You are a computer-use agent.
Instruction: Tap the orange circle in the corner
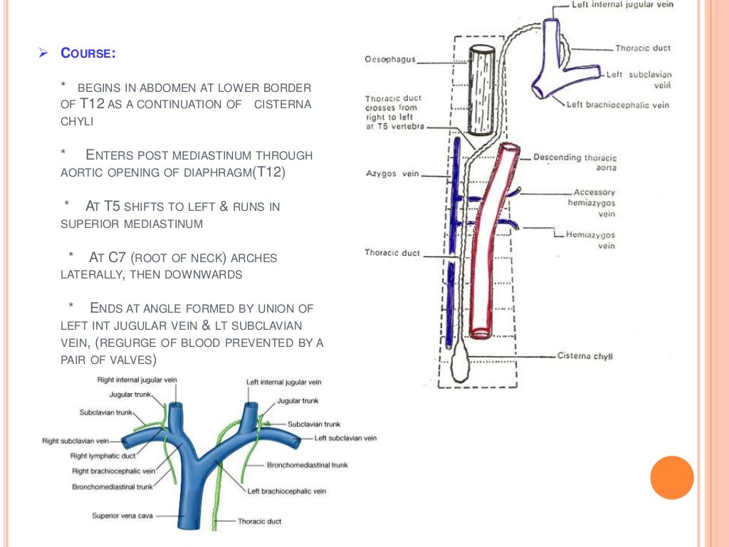point(671,477)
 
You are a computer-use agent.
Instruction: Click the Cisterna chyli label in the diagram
point(585,356)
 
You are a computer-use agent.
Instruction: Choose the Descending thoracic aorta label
point(575,162)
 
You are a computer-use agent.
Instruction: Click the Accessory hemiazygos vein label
point(596,202)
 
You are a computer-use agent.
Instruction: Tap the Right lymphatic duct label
point(103,456)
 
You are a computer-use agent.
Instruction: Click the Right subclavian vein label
point(75,441)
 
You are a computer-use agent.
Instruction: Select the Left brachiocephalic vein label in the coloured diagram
point(286,491)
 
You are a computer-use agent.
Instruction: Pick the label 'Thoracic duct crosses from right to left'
point(393,112)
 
